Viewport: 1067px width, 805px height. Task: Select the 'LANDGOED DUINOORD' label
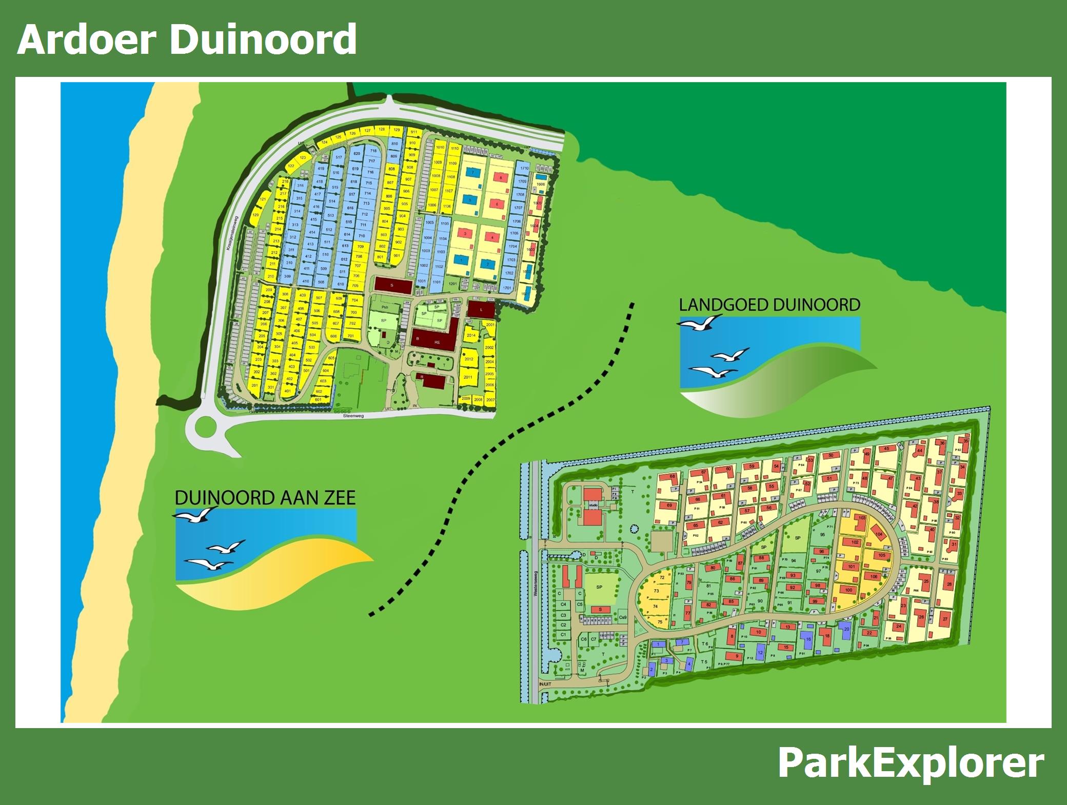point(769,305)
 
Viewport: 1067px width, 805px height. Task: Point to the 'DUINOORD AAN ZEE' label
point(265,498)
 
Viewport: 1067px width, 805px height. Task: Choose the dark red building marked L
point(481,310)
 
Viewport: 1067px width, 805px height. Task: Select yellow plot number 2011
point(467,377)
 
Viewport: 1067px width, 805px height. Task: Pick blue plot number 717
point(372,161)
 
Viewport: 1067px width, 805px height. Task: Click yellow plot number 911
point(414,132)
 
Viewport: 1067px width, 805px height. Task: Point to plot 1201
point(452,284)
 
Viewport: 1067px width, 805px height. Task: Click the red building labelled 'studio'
point(593,506)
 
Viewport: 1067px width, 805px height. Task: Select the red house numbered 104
point(879,534)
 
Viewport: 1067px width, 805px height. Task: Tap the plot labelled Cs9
point(623,617)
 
